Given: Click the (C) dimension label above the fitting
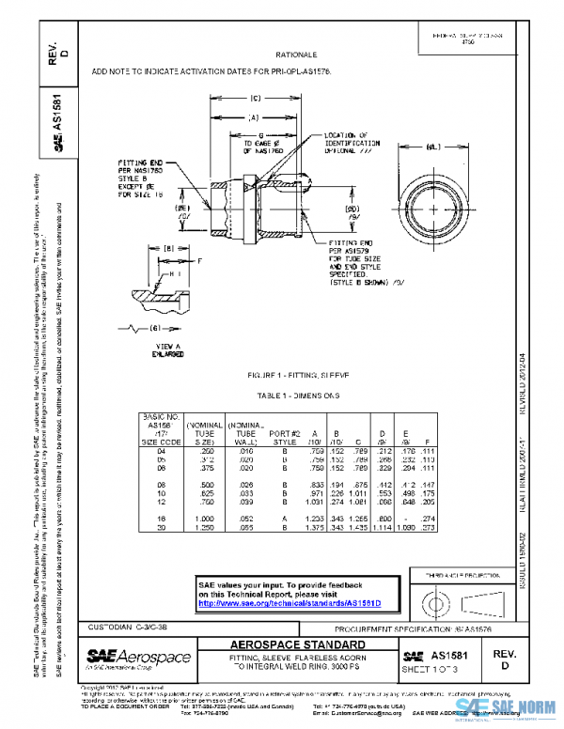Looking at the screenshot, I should pyautogui.click(x=255, y=99).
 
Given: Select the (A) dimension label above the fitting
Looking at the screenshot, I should pyautogui.click(x=254, y=118).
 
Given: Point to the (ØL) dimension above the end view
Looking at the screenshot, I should pyautogui.click(x=433, y=147).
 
